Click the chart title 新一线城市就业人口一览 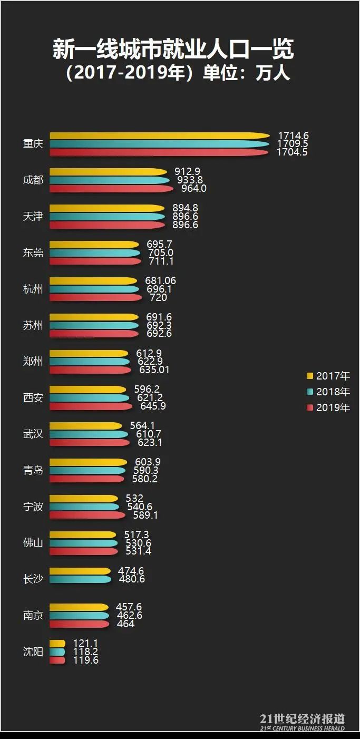(173, 50)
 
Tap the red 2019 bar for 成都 (111, 189)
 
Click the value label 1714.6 (293, 136)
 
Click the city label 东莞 (33, 253)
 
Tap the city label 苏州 (33, 326)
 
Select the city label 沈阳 (33, 652)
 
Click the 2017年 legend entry (328, 376)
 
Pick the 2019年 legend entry (328, 407)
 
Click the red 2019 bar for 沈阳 (57, 660)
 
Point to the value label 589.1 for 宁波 (145, 515)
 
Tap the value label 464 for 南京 (125, 624)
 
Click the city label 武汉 (33, 434)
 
